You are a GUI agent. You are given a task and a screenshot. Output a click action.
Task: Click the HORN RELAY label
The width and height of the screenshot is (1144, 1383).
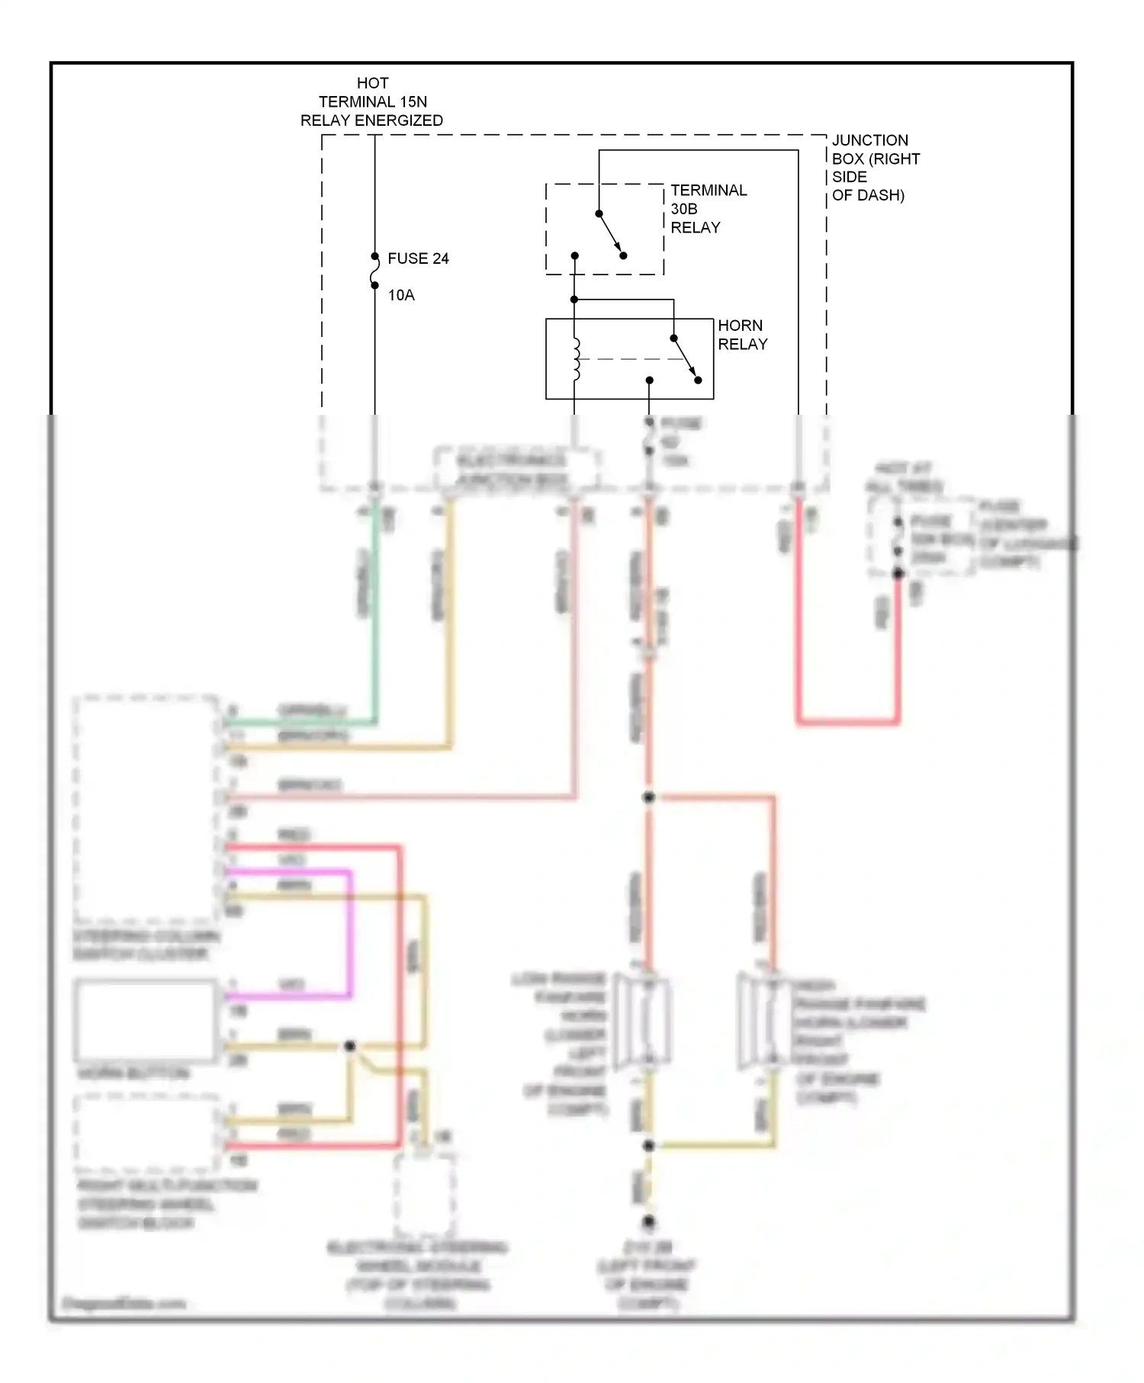(x=741, y=335)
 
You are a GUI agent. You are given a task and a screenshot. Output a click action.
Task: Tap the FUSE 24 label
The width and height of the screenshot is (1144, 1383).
(x=418, y=258)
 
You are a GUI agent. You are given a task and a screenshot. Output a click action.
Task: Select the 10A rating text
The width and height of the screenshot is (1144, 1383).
(x=401, y=295)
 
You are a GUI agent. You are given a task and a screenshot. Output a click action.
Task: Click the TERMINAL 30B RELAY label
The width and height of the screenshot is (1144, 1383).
(x=708, y=209)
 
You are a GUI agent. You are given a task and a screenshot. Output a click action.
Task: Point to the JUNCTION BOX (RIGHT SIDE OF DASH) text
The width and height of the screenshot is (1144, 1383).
(x=874, y=168)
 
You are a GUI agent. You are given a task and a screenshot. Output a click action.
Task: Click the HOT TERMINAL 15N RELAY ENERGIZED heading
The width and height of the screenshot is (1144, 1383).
(x=372, y=101)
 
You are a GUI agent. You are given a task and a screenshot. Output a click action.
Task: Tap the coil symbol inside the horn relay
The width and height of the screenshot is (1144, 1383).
(x=576, y=358)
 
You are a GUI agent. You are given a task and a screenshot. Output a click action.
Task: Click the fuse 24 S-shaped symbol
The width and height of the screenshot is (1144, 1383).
(x=374, y=271)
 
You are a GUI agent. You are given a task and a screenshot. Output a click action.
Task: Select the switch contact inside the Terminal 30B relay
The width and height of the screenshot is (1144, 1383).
(x=611, y=234)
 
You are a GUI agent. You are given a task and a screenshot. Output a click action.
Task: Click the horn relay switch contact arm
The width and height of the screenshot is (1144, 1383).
(x=686, y=358)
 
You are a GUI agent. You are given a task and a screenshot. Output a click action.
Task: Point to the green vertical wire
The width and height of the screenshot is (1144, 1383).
(x=374, y=610)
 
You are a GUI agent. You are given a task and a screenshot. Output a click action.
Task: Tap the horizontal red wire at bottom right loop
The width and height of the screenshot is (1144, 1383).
(x=848, y=720)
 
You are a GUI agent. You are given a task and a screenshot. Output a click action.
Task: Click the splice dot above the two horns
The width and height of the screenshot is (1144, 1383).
(x=648, y=797)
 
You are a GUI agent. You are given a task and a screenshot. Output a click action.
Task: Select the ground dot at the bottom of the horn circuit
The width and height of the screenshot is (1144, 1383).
(x=648, y=1221)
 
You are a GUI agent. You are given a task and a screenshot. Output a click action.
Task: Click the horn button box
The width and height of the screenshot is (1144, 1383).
(x=145, y=1020)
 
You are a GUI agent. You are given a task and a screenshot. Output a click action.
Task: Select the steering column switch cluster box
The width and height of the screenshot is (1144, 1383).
(x=145, y=808)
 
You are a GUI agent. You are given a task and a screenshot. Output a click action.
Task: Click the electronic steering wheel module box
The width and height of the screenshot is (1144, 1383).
(x=424, y=1193)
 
